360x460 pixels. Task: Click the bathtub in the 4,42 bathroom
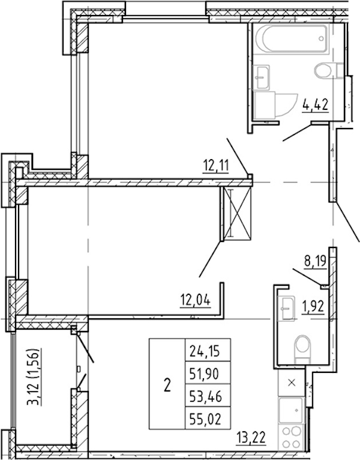[x=291, y=39]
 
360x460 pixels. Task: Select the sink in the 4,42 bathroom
[x=261, y=77]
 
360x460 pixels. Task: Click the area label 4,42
[x=315, y=105]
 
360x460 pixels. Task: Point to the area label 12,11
[x=216, y=166]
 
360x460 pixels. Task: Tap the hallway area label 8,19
[x=315, y=261]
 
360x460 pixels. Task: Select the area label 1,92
[x=313, y=307]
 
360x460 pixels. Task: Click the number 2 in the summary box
[x=167, y=385]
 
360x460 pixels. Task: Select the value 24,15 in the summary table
[x=208, y=351]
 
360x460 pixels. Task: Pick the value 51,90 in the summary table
[x=208, y=374]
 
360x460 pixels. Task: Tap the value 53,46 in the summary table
[x=208, y=397]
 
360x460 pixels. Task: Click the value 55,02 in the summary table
[x=208, y=420]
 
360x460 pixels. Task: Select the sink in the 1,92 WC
[x=286, y=308]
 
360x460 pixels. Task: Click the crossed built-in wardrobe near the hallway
[x=237, y=214]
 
